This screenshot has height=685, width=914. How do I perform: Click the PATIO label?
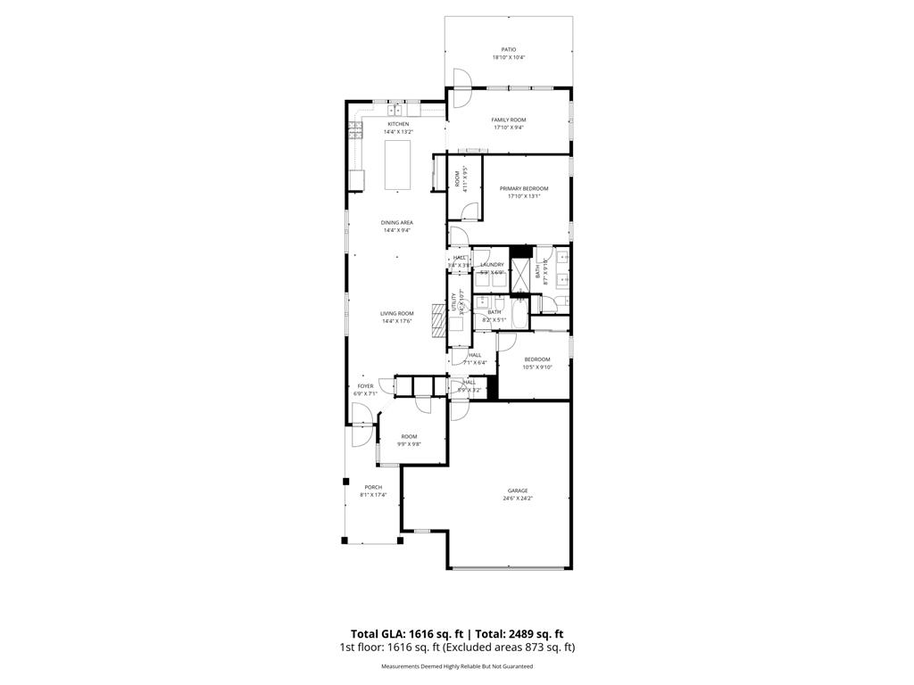point(508,50)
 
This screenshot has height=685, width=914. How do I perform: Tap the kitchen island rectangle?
point(397,166)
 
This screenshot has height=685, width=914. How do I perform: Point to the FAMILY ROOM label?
point(508,120)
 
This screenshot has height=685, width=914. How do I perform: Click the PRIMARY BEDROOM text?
point(523,188)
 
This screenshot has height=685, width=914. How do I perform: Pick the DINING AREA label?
point(396,222)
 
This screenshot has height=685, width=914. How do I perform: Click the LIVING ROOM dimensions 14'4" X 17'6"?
point(397,321)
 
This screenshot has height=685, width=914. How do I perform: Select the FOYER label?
point(366,386)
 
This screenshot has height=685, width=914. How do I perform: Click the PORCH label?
point(372,487)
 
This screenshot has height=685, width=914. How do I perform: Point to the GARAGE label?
point(518,491)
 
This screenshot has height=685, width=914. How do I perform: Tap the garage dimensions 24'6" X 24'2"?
point(518,499)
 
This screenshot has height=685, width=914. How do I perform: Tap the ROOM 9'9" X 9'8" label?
point(409,436)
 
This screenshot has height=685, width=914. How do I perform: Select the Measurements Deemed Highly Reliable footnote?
point(457,666)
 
